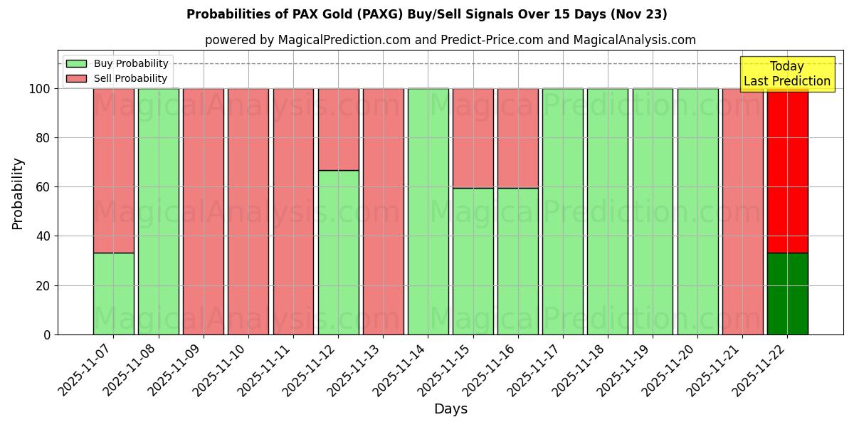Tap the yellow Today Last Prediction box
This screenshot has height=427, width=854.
(x=787, y=74)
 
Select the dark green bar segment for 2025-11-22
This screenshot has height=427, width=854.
(x=787, y=293)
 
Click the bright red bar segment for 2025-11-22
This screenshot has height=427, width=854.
(x=787, y=171)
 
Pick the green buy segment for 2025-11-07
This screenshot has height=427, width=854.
(x=113, y=293)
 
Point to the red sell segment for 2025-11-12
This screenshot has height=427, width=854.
(x=338, y=130)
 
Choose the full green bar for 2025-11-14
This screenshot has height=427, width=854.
(x=428, y=211)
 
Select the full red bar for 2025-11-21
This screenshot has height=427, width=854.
(x=742, y=211)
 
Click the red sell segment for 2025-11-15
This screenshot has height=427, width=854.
(x=473, y=138)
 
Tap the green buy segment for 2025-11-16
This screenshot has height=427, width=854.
(x=517, y=261)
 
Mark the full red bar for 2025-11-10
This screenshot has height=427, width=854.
(x=248, y=211)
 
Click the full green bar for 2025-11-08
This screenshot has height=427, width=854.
(x=158, y=211)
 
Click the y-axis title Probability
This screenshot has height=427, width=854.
(x=18, y=194)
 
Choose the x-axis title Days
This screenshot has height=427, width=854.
(x=450, y=409)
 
